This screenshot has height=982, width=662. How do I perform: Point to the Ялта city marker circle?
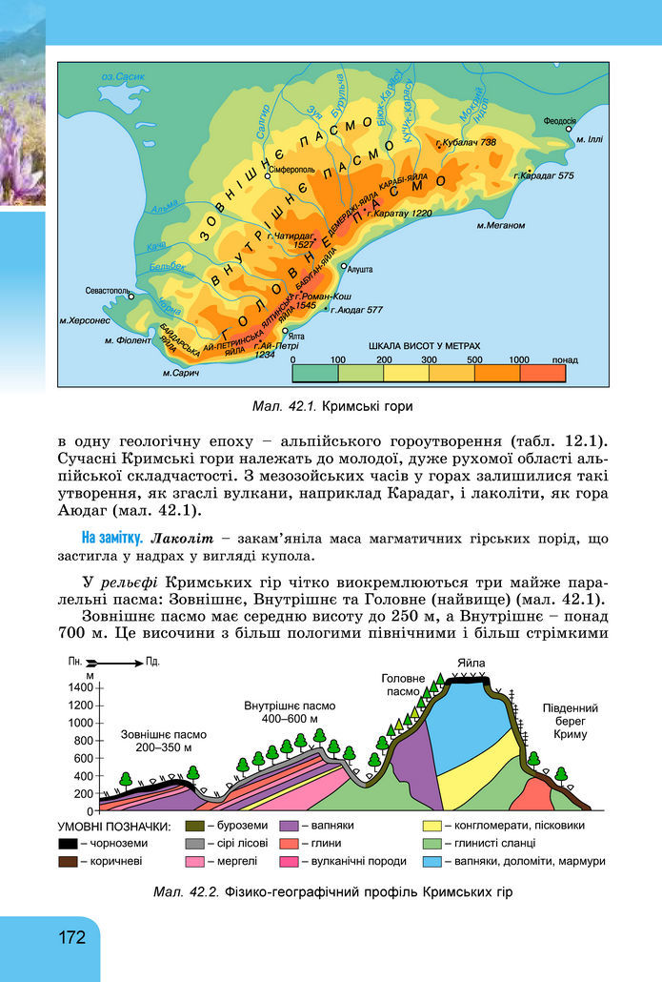(286, 330)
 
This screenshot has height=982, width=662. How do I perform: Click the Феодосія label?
(560, 121)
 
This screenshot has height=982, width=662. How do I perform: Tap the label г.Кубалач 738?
(466, 143)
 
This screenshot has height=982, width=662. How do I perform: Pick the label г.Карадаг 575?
(543, 175)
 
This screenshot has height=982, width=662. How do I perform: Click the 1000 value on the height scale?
(519, 359)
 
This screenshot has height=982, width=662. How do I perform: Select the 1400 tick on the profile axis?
(82, 686)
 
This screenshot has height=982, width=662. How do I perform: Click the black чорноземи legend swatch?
(68, 844)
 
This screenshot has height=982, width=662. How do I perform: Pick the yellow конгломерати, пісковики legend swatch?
(433, 826)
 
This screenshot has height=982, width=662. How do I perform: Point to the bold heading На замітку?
(111, 538)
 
